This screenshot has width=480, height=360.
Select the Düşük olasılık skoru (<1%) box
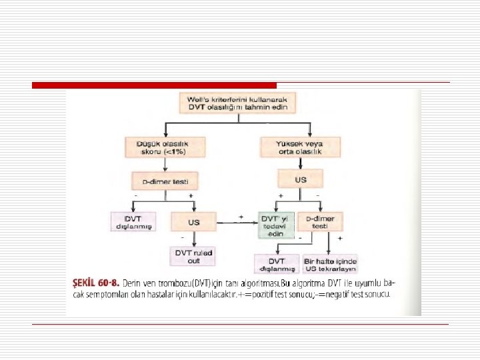click(164, 147)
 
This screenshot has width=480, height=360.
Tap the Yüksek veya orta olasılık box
click(299, 147)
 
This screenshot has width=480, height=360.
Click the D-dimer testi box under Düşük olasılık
click(164, 179)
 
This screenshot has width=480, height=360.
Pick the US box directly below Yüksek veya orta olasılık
click(300, 179)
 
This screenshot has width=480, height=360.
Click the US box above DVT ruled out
click(194, 221)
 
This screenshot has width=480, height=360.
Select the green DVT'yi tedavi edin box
click(276, 225)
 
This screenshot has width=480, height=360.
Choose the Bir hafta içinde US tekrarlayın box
click(329, 264)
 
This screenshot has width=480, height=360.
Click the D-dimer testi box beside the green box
click(320, 222)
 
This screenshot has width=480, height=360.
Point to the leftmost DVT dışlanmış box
click(133, 221)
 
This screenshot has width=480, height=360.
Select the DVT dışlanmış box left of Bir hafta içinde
click(277, 264)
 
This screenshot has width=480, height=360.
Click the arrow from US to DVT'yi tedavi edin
click(237, 221)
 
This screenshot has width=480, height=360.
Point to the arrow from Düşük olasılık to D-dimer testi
click(164, 163)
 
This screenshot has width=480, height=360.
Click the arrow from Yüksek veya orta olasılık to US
click(300, 163)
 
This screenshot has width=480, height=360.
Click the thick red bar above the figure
click(154, 85)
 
